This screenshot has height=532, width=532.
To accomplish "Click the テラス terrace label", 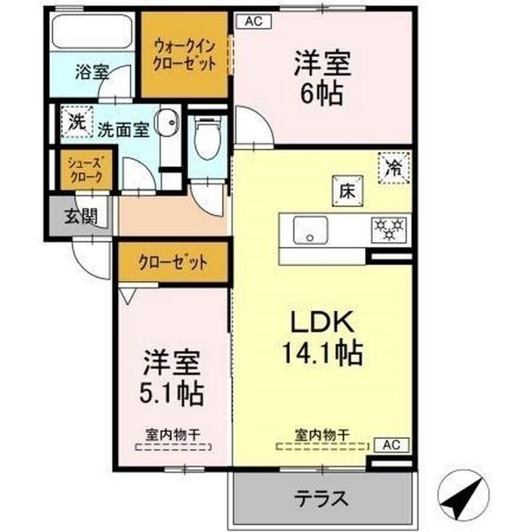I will pos(321,499).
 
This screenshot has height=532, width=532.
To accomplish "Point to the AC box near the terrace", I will pos(391,445).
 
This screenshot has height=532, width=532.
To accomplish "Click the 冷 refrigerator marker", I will pos(392,167).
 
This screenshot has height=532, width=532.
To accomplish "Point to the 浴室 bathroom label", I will pos(91,71).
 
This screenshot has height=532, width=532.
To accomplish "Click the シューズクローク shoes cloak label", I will pos(84,170).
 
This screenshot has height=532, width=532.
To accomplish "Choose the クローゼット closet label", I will pos(174,263).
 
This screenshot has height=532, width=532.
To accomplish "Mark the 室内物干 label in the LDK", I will pos(321,434).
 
